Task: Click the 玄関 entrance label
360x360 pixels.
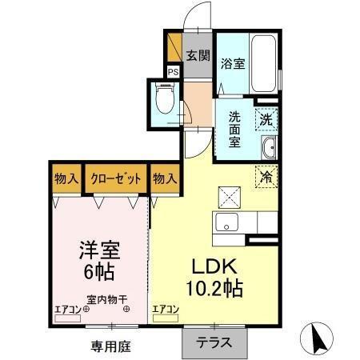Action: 198,56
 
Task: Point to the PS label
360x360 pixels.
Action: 173,70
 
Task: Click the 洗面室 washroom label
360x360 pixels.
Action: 234,126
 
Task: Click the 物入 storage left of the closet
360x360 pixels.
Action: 66,178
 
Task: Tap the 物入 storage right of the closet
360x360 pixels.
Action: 164,178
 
